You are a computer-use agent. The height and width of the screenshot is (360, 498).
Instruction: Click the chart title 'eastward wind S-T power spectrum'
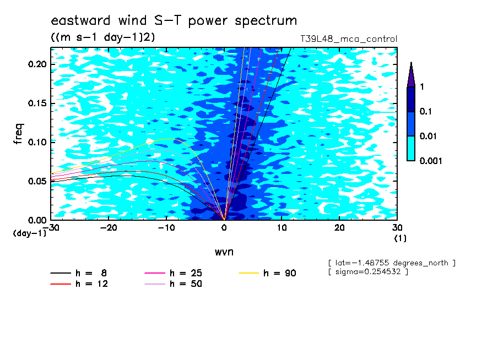174,20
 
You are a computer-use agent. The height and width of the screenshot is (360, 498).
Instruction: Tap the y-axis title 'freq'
18,134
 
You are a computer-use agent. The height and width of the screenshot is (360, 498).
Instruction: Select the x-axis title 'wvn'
224,252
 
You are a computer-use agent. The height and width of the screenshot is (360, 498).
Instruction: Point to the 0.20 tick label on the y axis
37,64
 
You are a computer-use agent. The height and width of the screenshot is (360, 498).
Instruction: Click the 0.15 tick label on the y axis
37,103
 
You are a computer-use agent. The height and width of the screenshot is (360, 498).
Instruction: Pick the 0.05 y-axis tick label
37,181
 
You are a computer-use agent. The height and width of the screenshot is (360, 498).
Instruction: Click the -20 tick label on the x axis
109,228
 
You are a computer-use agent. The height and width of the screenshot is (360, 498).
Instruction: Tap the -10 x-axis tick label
166,228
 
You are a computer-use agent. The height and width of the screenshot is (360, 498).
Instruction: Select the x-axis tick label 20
339,228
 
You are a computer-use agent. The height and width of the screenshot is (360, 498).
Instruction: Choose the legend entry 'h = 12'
79,284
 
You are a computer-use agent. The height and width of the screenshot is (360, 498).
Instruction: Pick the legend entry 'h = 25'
174,273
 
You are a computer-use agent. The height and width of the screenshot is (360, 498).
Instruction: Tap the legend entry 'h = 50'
174,284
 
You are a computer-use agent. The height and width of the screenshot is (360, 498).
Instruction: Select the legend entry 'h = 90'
267,273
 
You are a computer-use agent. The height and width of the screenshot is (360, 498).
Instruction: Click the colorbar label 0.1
426,111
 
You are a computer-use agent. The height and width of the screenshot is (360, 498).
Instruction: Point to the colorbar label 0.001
431,161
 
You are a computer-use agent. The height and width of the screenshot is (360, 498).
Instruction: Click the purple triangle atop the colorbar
411,75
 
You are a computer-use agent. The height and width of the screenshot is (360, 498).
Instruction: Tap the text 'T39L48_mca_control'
349,39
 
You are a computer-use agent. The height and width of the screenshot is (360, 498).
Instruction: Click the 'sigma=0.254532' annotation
369,272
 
